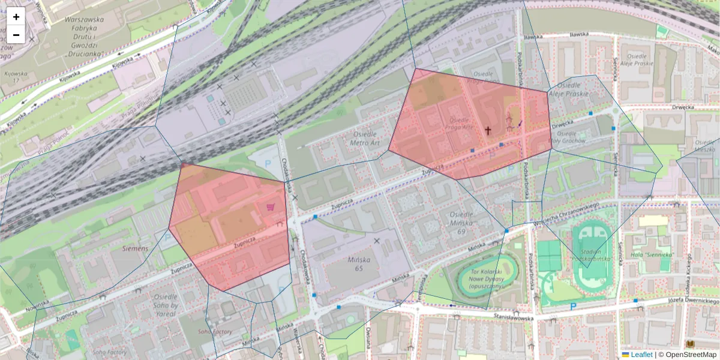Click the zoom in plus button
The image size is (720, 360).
pyautogui.click(x=16, y=17)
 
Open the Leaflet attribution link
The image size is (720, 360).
pyautogui.click(x=641, y=355)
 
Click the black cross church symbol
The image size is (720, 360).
pyautogui.click(x=488, y=130)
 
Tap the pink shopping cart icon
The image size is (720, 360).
pyautogui.click(x=271, y=208)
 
